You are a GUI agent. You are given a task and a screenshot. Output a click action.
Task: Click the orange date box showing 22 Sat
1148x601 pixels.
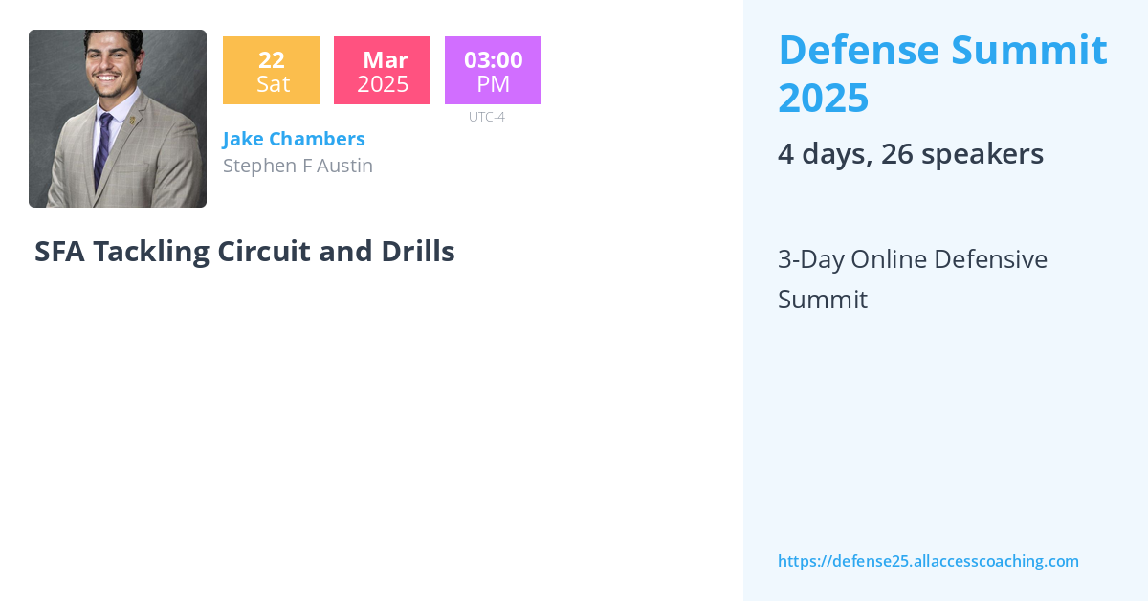point(271,71)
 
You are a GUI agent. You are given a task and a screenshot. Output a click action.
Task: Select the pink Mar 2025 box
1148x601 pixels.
point(382,71)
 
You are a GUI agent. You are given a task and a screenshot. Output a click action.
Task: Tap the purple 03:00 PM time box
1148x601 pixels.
point(493,71)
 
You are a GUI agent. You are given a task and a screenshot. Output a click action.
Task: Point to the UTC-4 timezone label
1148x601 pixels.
point(486,117)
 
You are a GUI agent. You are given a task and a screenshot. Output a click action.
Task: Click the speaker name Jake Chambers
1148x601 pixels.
point(294,139)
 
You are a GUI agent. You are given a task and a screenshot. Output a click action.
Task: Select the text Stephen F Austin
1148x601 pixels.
point(298,166)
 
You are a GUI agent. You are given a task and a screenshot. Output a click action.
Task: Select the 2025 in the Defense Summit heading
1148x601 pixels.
point(823,98)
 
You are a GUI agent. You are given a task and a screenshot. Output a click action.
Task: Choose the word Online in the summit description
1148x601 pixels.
point(888,259)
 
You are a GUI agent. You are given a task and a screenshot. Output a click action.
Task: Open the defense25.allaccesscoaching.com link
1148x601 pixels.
point(928,561)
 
